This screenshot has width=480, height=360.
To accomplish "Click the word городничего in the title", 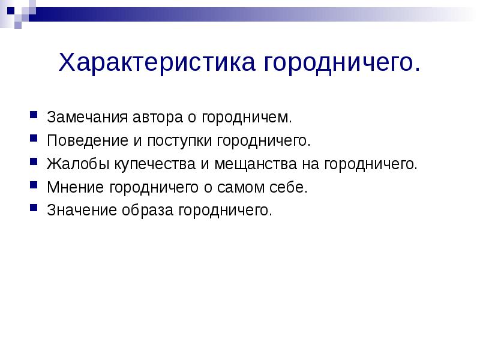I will pos(338,63).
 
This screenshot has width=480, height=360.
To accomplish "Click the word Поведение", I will pos(82,141).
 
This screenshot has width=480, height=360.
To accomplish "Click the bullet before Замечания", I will pos(34,116).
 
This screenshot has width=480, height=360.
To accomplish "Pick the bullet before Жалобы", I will pos(34,163).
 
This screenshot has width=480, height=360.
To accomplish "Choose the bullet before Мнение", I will pos(34,186).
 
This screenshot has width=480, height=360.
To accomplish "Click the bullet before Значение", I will pos(34,209).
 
